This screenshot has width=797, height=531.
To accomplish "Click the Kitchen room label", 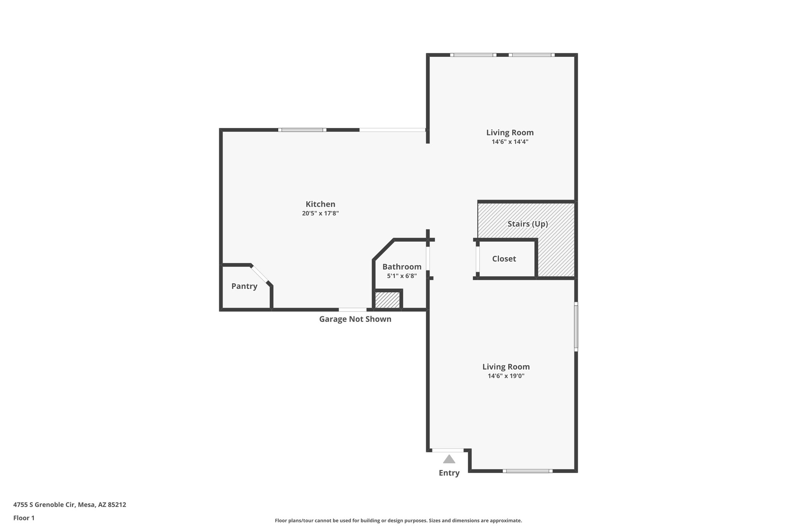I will [x=320, y=204].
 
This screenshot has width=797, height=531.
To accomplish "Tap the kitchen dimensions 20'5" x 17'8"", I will [x=320, y=213].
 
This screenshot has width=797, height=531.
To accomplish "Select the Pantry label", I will [x=244, y=286].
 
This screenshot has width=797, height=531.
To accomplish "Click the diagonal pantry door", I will [x=260, y=274].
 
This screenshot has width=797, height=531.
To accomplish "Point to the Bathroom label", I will [x=402, y=266].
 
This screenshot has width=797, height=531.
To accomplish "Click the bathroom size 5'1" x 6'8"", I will [x=402, y=276].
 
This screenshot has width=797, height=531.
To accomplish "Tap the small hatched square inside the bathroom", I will [x=387, y=300].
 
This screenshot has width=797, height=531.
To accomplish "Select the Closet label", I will [x=504, y=259].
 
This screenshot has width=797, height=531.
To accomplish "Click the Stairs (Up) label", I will [x=528, y=224].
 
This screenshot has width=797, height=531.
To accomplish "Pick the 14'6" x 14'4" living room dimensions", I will [x=510, y=142].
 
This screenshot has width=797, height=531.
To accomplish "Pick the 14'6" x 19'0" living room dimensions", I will [x=506, y=376].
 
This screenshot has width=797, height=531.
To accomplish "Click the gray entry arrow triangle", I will [x=449, y=459].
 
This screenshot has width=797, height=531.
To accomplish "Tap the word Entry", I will [x=449, y=473].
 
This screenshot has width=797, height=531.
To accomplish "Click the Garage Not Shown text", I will [x=355, y=319].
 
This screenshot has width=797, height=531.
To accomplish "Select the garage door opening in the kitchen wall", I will [x=352, y=310].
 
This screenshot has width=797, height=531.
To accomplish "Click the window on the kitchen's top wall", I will [x=302, y=130].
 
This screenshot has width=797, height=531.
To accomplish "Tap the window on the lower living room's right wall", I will [x=576, y=327].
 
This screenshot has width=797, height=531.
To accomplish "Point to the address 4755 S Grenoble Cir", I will [x=70, y=505].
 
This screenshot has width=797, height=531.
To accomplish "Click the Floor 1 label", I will [x=24, y=518].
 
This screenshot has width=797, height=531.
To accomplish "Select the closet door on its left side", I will [x=477, y=259].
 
